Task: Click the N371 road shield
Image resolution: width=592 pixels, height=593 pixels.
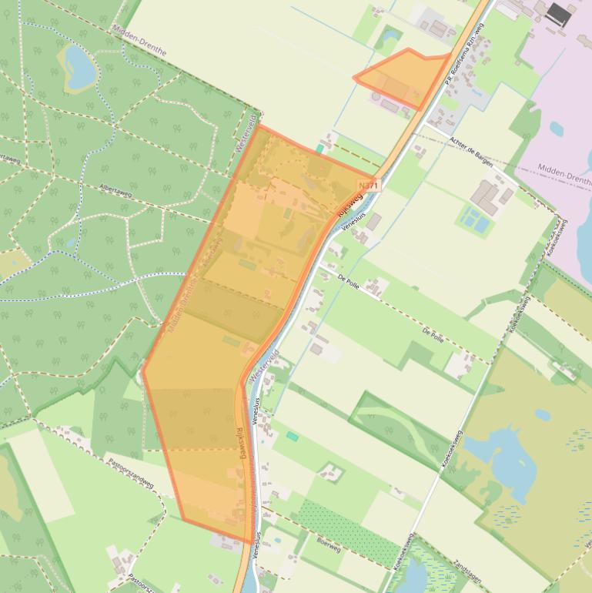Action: coord(369,186)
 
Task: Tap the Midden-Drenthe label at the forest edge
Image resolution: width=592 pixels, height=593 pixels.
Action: coord(139,39)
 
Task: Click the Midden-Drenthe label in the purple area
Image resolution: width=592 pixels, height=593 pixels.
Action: coord(564,173)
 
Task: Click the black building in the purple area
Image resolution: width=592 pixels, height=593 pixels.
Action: coord(560,14)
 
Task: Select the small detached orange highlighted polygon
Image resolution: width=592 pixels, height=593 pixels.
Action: coord(404,77)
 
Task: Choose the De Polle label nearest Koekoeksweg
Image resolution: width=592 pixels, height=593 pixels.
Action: coord(433,334)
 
